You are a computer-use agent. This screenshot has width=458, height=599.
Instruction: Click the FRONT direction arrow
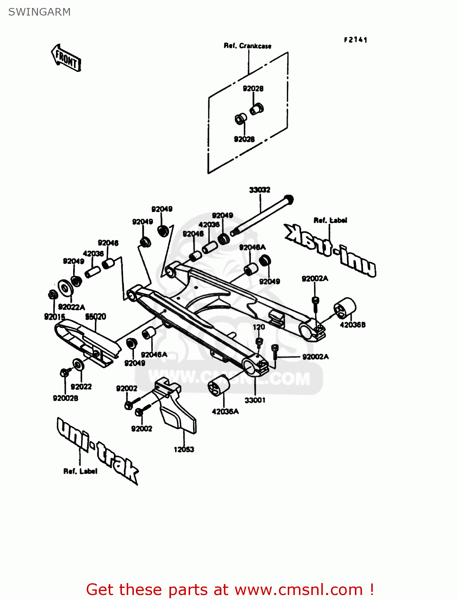(x=66, y=58)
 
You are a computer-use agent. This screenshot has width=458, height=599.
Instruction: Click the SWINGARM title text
(x=39, y=12)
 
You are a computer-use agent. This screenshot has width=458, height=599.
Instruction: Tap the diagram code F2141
(x=355, y=40)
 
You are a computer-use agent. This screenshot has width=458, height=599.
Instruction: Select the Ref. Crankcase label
(x=247, y=46)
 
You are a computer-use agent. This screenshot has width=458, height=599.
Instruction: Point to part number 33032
(x=259, y=190)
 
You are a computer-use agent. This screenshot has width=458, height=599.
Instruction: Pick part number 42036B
(x=352, y=325)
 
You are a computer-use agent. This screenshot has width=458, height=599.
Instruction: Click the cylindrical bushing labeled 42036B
(x=345, y=308)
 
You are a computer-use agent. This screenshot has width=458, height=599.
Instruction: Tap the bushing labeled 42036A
(x=219, y=386)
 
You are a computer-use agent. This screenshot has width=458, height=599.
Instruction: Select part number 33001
(x=255, y=400)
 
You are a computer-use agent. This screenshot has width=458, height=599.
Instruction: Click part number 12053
(x=184, y=449)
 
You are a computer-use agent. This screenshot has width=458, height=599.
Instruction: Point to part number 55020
(x=96, y=317)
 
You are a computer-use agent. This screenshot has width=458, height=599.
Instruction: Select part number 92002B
(x=66, y=398)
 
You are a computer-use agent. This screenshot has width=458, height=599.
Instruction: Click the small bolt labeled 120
(x=259, y=342)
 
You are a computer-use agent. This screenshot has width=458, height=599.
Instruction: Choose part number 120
(x=259, y=327)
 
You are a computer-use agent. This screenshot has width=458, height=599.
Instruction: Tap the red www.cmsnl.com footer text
(x=230, y=589)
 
